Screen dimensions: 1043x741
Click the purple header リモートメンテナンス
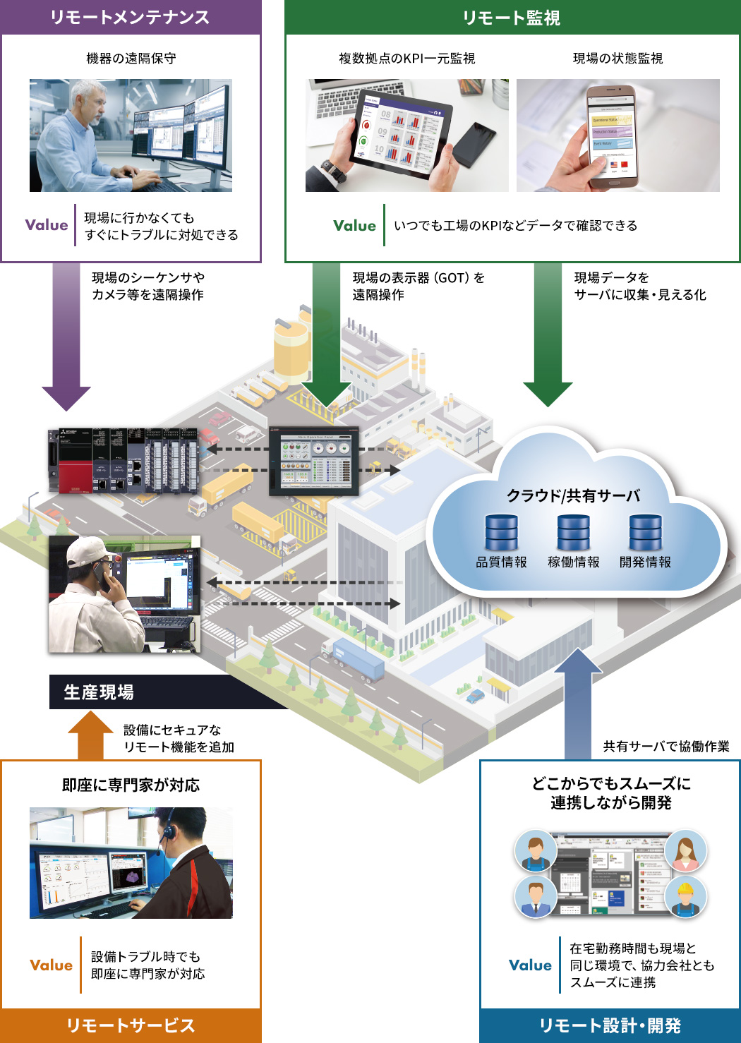pos(131,17)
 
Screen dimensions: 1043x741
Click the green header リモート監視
pos(512,18)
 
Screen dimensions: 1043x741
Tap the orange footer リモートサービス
pos(131,1025)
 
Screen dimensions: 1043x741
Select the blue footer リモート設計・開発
pos(610,1025)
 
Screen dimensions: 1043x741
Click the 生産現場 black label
pos(99,692)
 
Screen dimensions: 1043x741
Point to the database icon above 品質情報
pos(502,533)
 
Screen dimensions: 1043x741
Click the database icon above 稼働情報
pos(574,533)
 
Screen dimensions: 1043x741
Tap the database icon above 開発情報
pos(646,533)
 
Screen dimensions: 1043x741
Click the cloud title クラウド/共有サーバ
pos(573,495)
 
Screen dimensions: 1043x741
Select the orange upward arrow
pos(90,734)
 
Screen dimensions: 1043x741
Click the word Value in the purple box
pos(47,225)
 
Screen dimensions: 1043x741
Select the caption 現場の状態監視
pos(617,59)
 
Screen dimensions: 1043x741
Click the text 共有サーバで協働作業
pos(666,747)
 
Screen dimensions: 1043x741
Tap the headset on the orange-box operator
pos(169,830)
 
